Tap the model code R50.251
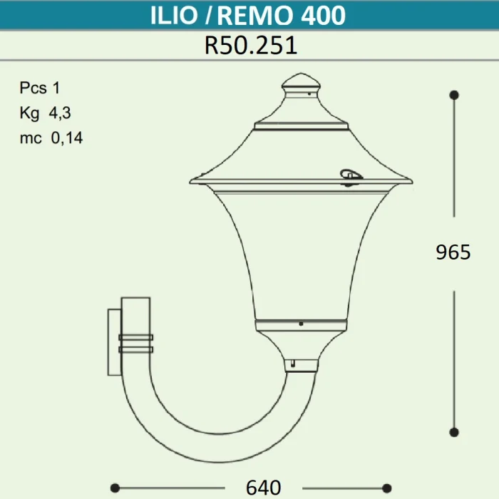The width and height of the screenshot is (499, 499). (x=250, y=46)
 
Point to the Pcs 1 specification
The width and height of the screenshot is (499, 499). (x=41, y=88)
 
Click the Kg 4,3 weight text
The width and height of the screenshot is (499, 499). (x=46, y=113)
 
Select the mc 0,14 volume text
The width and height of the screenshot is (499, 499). (x=51, y=138)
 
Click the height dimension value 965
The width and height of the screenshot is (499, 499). (x=453, y=252)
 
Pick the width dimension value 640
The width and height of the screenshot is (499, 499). (x=263, y=488)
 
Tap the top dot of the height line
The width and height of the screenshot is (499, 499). (x=453, y=94)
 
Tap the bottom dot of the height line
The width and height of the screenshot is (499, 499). (x=453, y=432)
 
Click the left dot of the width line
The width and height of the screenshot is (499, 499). (x=114, y=488)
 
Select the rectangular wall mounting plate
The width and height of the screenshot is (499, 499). (x=114, y=342)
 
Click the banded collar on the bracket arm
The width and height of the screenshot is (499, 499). (x=135, y=344)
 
